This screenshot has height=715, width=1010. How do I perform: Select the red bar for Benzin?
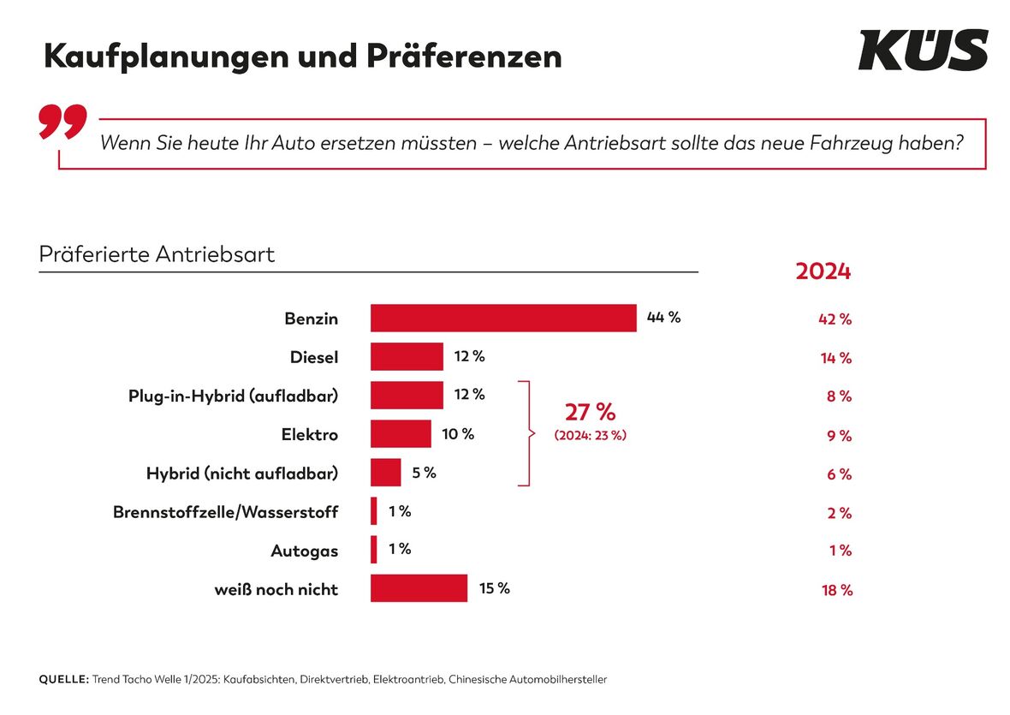click(503, 318)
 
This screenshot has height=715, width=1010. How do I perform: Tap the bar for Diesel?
click(407, 356)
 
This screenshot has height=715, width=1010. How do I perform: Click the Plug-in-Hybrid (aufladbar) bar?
click(407, 395)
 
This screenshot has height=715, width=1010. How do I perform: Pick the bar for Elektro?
click(401, 433)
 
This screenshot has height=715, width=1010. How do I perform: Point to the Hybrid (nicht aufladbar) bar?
click(385, 473)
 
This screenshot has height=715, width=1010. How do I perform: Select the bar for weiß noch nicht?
click(419, 588)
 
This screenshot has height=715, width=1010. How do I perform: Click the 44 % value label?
click(663, 317)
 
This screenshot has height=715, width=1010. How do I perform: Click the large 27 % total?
click(590, 412)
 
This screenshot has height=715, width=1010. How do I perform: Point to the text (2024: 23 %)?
click(590, 435)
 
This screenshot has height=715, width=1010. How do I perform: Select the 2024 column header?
click(823, 271)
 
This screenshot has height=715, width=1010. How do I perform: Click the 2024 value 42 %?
click(835, 319)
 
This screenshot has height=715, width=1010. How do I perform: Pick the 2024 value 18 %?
click(836, 590)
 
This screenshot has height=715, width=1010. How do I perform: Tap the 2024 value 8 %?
click(839, 396)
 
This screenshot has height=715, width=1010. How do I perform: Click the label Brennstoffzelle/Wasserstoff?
click(225, 512)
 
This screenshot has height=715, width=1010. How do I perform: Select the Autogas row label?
click(304, 551)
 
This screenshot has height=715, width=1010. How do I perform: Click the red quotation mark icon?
click(62, 122)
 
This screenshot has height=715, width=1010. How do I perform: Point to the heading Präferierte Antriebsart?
click(157, 254)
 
